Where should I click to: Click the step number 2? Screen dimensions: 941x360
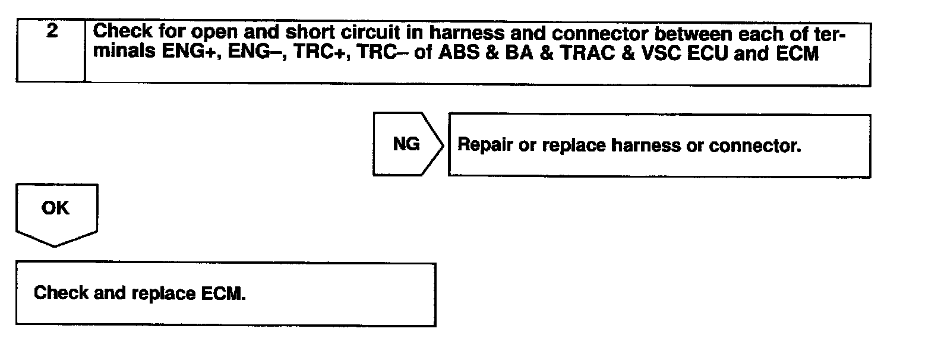52,31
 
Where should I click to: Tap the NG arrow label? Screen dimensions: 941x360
406,144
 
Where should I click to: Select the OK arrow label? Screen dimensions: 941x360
55,209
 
